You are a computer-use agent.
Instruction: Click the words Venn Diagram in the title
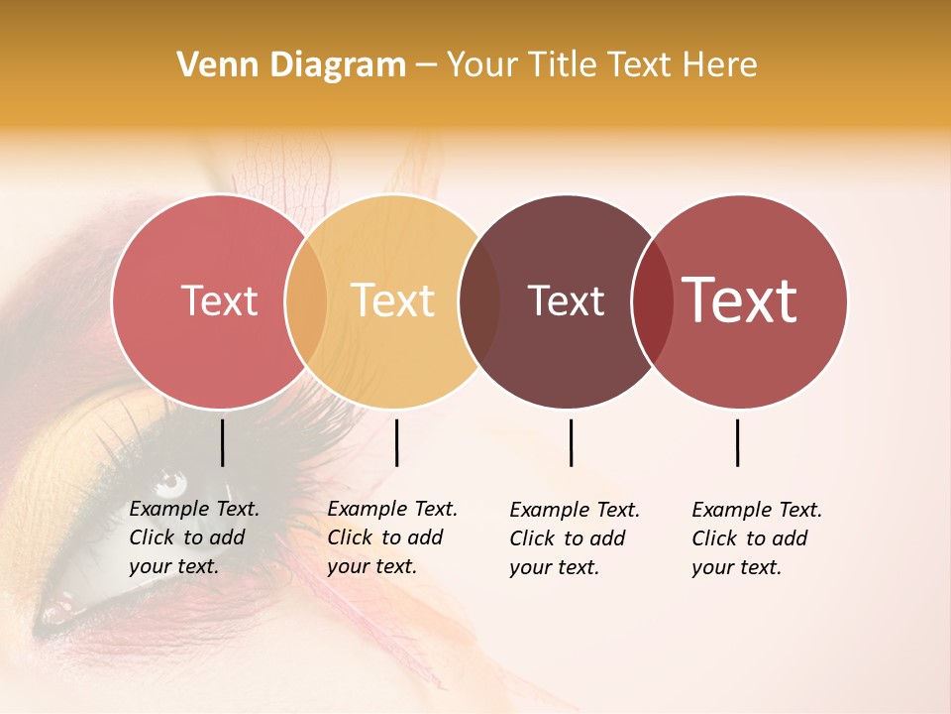pos(291,65)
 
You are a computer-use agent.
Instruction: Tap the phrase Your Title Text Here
pos(601,65)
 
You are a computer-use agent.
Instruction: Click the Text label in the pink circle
pos(219,301)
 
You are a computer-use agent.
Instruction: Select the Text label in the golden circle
pos(393,301)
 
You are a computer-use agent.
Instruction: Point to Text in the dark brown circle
pos(566,301)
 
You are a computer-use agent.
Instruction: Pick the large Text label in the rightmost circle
pos(740,300)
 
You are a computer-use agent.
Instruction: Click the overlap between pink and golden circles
pos(306,301)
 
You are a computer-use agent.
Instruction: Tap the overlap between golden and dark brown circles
pos(479,301)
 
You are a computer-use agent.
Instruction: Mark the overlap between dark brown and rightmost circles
pos(653,301)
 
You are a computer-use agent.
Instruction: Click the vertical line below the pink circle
pos(222,442)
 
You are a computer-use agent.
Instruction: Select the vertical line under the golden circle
pos(396,442)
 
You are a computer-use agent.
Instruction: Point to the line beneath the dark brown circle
pos(571,442)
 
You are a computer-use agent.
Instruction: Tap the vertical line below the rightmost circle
pos(737,442)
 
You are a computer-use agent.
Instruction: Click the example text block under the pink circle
pos(193,537)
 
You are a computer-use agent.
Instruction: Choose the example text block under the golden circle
pos(391,537)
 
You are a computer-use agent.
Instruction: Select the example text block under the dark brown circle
pos(574,538)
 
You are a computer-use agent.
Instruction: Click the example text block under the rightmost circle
pos(756,538)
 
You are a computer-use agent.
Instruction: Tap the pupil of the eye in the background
pos(170,484)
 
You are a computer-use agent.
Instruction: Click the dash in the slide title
pos(426,65)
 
